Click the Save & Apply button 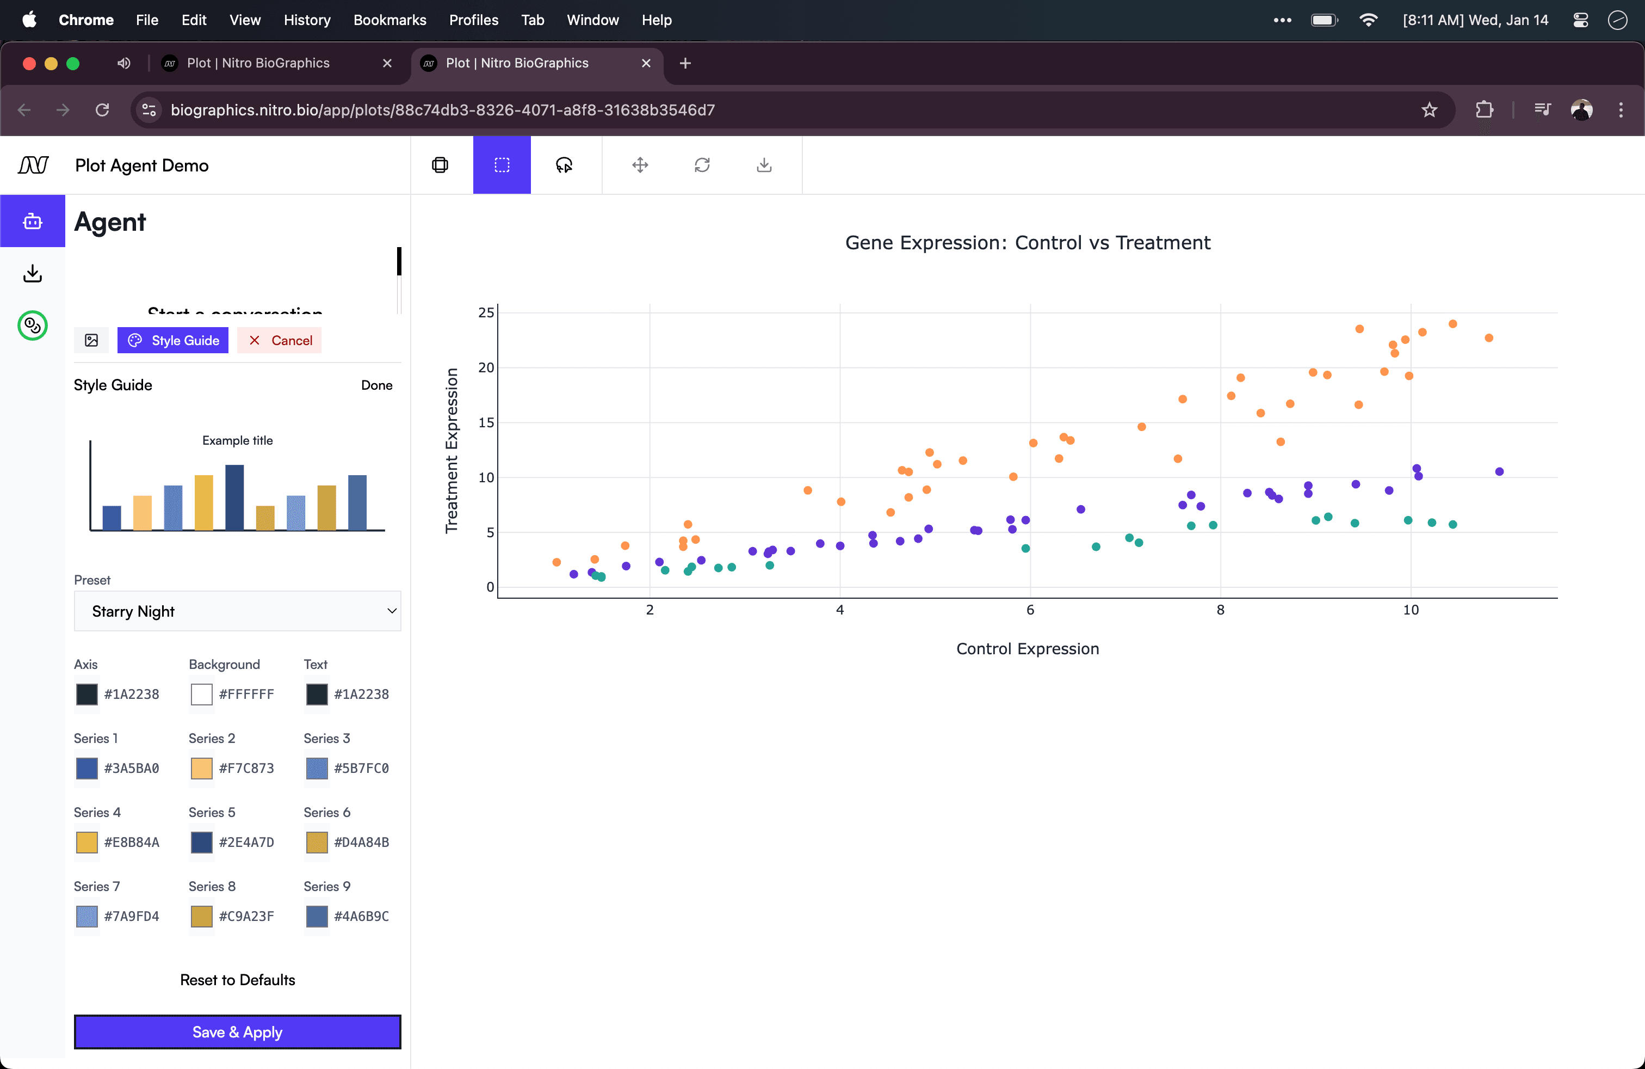tap(237, 1031)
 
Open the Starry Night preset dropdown tap(237, 611)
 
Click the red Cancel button tap(280, 340)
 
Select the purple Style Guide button tap(173, 340)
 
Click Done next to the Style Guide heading tap(376, 385)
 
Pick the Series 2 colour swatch tap(201, 768)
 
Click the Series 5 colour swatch tap(201, 842)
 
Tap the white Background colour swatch tap(201, 694)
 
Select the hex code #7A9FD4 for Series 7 tap(131, 916)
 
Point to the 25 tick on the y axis tap(486, 312)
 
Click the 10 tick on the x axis tap(1410, 610)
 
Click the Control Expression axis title tap(1027, 649)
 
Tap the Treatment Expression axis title tap(452, 450)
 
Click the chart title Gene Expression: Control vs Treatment tap(1027, 243)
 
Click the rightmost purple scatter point tap(1499, 471)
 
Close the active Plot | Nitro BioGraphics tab tap(646, 63)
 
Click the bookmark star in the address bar tap(1428, 110)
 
